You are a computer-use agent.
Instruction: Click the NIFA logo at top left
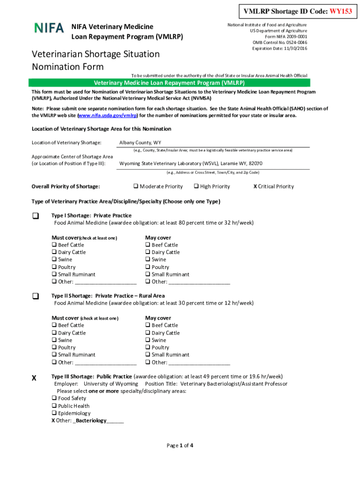tap(49, 28)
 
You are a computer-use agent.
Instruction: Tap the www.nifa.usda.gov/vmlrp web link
tap(104, 116)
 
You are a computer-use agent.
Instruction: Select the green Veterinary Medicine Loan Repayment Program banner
tap(169, 83)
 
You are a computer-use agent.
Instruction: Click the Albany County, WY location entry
tap(140, 143)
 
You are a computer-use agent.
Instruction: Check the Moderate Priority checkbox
tap(136, 187)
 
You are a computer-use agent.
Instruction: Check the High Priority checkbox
tap(196, 187)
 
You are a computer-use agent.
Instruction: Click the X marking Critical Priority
tap(255, 187)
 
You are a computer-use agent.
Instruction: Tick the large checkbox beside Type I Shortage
tap(35, 216)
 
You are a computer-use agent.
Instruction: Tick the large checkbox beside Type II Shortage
tap(35, 297)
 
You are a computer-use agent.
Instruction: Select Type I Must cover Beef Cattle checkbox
tap(54, 245)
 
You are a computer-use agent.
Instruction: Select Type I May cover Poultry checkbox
tap(148, 267)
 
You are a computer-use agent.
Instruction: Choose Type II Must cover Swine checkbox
tap(54, 340)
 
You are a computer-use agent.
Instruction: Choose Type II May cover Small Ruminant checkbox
tap(148, 355)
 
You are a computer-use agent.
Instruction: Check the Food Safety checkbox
tap(54, 399)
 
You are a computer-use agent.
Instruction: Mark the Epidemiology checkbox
tap(54, 414)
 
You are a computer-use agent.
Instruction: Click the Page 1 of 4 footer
tap(180, 445)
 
